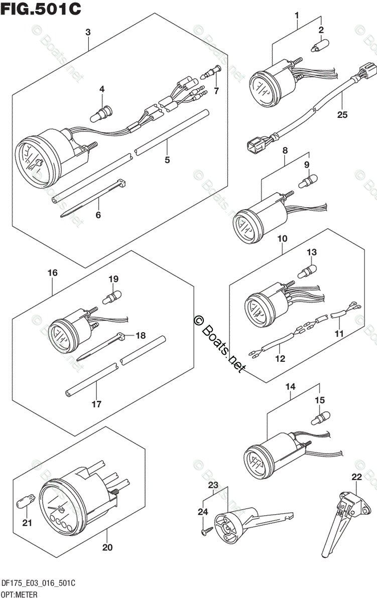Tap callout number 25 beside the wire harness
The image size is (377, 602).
(x=342, y=115)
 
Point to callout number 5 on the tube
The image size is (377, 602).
(x=167, y=160)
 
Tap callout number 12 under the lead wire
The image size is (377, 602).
(x=280, y=358)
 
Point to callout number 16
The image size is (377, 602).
(x=53, y=273)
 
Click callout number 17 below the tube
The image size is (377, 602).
(x=96, y=403)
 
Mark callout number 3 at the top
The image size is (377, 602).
(x=88, y=32)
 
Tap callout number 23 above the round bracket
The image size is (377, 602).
(x=214, y=485)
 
